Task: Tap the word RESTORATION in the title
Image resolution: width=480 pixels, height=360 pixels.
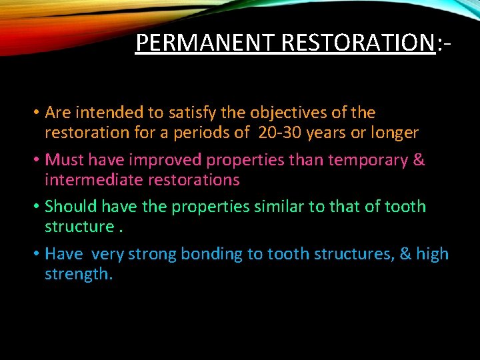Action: click(x=358, y=43)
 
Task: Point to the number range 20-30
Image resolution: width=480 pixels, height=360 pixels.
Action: click(x=279, y=133)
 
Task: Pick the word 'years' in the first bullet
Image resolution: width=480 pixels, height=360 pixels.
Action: click(x=330, y=133)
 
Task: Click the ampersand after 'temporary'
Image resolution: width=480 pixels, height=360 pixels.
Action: click(x=419, y=161)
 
